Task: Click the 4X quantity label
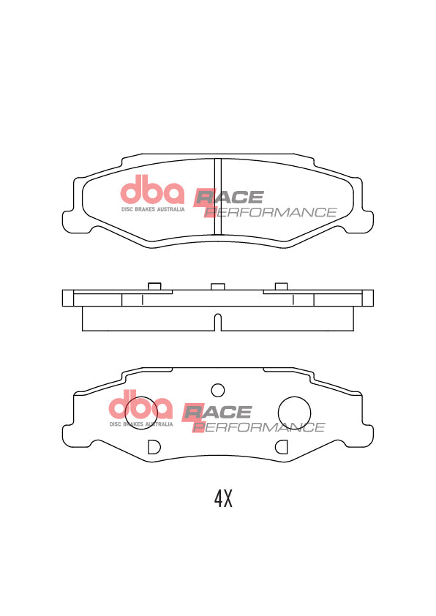(222, 499)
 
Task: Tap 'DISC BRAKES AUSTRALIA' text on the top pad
(152, 209)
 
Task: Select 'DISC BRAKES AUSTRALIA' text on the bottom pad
(141, 424)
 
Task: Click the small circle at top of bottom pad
(217, 389)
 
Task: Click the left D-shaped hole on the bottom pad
(153, 446)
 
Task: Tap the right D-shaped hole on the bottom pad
(281, 446)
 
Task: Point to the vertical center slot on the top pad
(217, 196)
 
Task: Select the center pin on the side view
(217, 286)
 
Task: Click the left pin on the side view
(154, 285)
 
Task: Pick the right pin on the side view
(281, 285)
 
